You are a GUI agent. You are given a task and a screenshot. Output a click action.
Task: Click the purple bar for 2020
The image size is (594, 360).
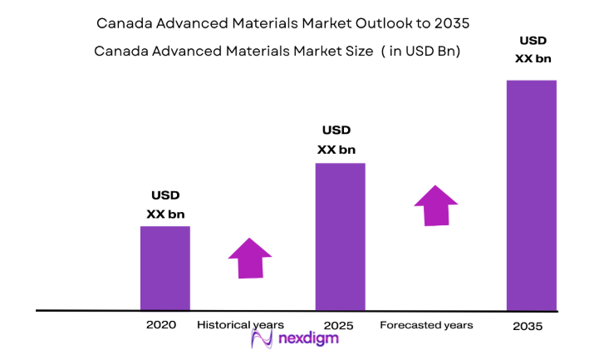pos(164,268)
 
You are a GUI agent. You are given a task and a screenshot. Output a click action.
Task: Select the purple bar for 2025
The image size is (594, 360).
pos(340,236)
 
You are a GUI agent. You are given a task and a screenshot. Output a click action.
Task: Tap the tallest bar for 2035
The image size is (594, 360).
pos(531,195)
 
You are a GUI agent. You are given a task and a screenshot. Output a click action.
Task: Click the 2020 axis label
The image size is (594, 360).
pos(160,324)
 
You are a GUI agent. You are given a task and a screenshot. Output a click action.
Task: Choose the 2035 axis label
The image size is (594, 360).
pos(528,327)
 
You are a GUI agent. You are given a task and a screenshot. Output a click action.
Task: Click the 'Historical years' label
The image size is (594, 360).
pos(241,324)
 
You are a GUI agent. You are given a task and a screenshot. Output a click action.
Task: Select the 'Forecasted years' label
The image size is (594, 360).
pos(426,324)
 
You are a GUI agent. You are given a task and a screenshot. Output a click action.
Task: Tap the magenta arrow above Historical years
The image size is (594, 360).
pos(250,259)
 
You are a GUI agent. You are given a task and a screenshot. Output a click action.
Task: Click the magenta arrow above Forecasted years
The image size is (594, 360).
pos(436,205)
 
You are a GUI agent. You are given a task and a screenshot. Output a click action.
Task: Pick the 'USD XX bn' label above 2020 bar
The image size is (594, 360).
pos(165,205)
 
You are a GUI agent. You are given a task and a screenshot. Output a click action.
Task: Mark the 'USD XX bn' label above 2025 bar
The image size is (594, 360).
pos(336,140)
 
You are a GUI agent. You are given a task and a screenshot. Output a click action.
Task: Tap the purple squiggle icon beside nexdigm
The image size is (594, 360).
pos(263,338)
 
